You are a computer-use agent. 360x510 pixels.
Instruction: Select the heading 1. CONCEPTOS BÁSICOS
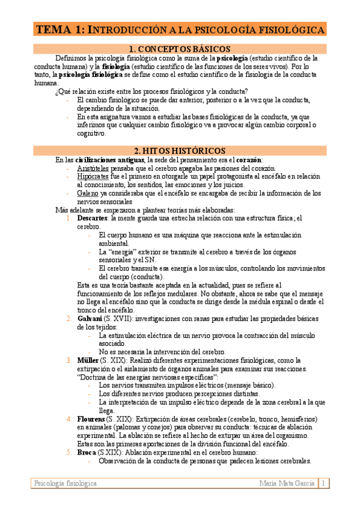180,49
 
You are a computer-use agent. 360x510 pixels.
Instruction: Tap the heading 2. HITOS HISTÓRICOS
180,150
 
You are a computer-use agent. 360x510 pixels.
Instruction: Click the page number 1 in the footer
323,484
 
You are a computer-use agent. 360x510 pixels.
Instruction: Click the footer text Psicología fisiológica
66,484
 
